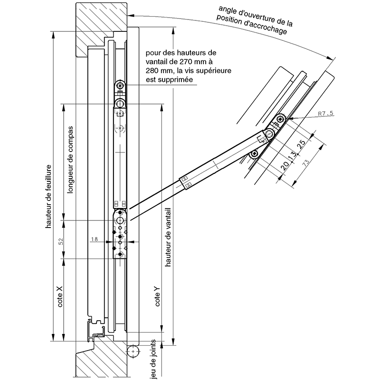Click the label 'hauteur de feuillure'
coord(48,197)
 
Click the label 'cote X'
coord(60,296)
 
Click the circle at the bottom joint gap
coord(133,352)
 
